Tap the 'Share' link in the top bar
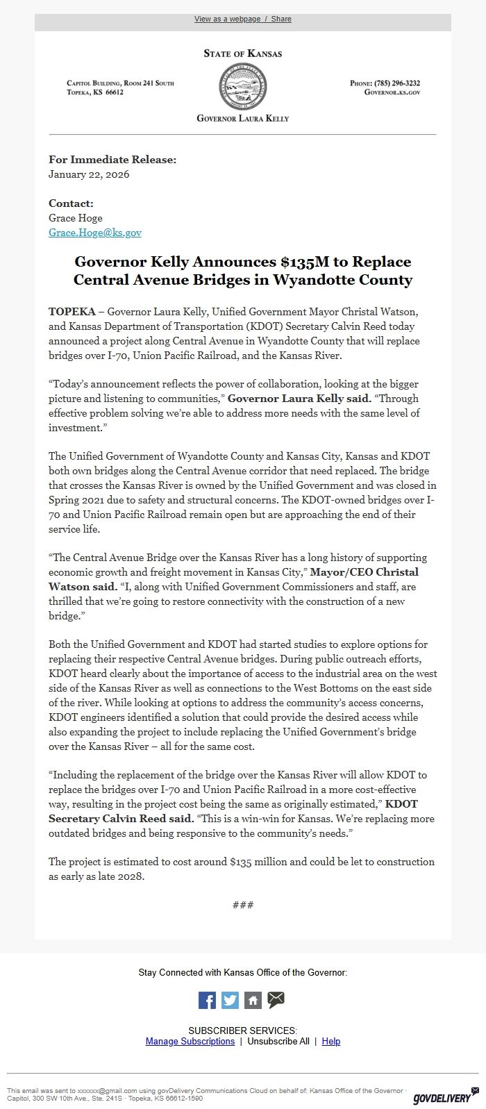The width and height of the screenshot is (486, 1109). pyautogui.click(x=280, y=19)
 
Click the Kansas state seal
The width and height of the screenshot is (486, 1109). pyautogui.click(x=242, y=87)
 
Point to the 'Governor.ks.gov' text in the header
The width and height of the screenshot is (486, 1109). pyautogui.click(x=392, y=92)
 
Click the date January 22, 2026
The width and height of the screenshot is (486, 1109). pyautogui.click(x=89, y=174)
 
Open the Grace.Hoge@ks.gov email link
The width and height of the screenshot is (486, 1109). pyautogui.click(x=95, y=233)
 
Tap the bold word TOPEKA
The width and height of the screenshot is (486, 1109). pyautogui.click(x=72, y=312)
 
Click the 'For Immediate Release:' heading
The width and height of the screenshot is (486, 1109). pyautogui.click(x=112, y=160)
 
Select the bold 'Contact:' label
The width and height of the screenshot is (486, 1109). pyautogui.click(x=71, y=203)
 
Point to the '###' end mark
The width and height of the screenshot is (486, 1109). pyautogui.click(x=243, y=905)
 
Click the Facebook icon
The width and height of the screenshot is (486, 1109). pyautogui.click(x=207, y=1000)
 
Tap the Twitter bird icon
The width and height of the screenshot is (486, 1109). pyautogui.click(x=230, y=1000)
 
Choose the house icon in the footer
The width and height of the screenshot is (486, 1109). pyautogui.click(x=253, y=1000)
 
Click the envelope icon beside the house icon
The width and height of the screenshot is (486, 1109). pyautogui.click(x=276, y=999)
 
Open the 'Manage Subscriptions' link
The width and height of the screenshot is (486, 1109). pyautogui.click(x=190, y=1041)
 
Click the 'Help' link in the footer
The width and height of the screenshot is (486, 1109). pyautogui.click(x=331, y=1041)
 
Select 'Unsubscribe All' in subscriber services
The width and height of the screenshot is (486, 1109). pyautogui.click(x=278, y=1041)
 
